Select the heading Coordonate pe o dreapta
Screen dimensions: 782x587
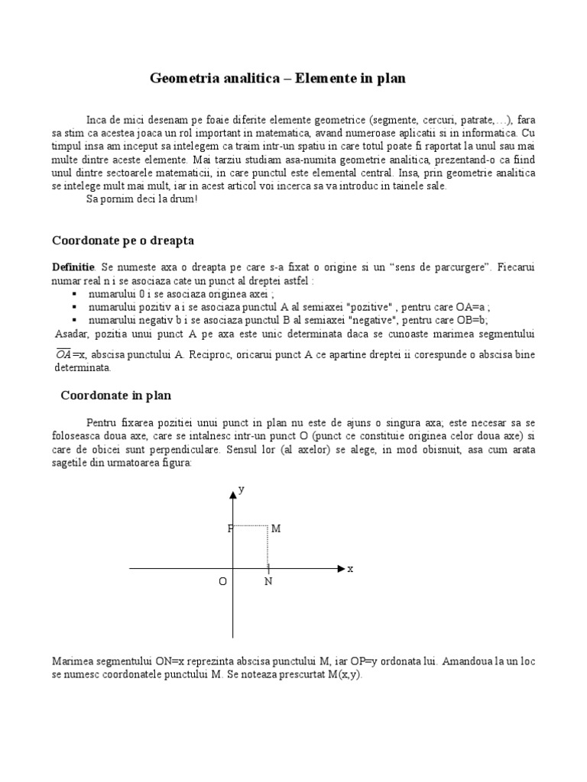coord(123,241)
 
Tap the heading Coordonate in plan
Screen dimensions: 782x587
coord(116,396)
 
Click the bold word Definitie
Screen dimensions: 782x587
coord(73,268)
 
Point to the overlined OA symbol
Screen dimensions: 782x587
coord(64,355)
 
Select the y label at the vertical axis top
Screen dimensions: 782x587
coord(242,490)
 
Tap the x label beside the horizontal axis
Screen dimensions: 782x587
coord(351,569)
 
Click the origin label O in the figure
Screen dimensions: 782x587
coord(222,582)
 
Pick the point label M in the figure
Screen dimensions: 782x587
coord(276,528)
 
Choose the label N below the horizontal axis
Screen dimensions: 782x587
coord(268,582)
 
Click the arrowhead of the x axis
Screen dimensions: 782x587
coord(340,569)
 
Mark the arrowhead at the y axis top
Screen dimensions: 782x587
coord(232,496)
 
